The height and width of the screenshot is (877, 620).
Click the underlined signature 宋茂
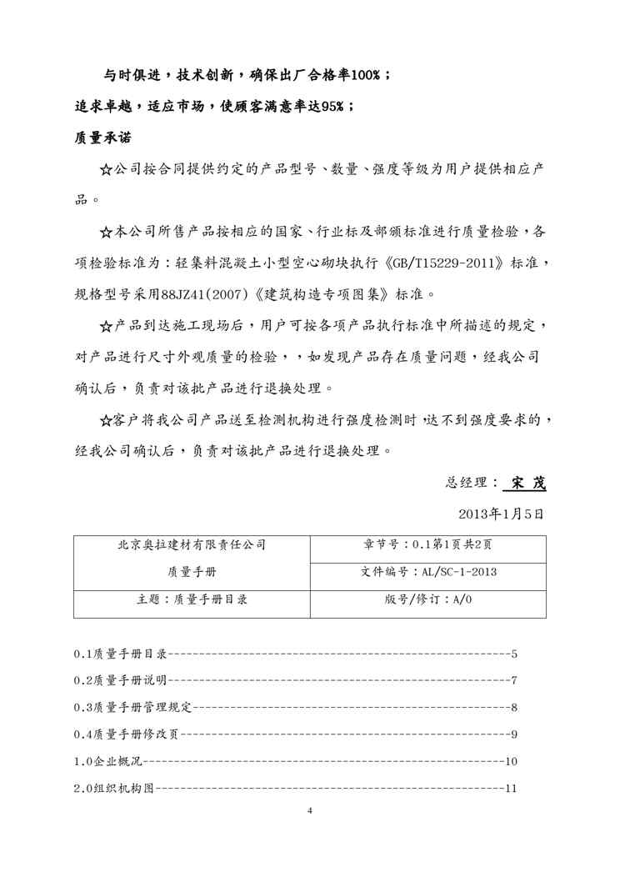[528, 483]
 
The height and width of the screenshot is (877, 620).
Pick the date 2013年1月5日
[502, 514]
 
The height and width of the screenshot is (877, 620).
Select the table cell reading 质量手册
[192, 572]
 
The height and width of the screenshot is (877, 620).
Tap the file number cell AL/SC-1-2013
[428, 572]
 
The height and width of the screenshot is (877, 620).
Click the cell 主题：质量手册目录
[192, 600]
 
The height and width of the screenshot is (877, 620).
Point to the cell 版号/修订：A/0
[428, 600]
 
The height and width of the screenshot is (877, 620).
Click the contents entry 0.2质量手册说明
[120, 680]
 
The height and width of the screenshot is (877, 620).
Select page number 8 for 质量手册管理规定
[515, 708]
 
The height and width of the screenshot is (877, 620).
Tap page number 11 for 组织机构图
[512, 788]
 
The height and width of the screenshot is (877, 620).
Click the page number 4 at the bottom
[309, 811]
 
